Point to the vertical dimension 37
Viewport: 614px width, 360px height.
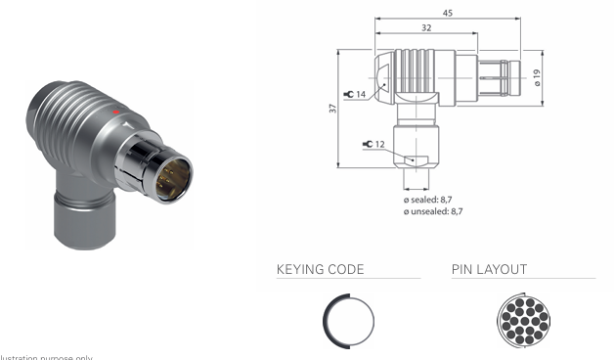pyautogui.click(x=332, y=109)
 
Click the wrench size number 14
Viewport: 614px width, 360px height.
pyautogui.click(x=361, y=94)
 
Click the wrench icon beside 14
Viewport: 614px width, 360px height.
pyautogui.click(x=348, y=94)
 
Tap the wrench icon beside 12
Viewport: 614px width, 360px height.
pyautogui.click(x=367, y=145)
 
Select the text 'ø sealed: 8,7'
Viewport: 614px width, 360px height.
pyautogui.click(x=431, y=200)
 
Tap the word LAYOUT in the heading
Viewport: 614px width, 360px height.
pyautogui.click(x=504, y=268)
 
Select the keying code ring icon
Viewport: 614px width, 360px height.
pyautogui.click(x=347, y=321)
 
